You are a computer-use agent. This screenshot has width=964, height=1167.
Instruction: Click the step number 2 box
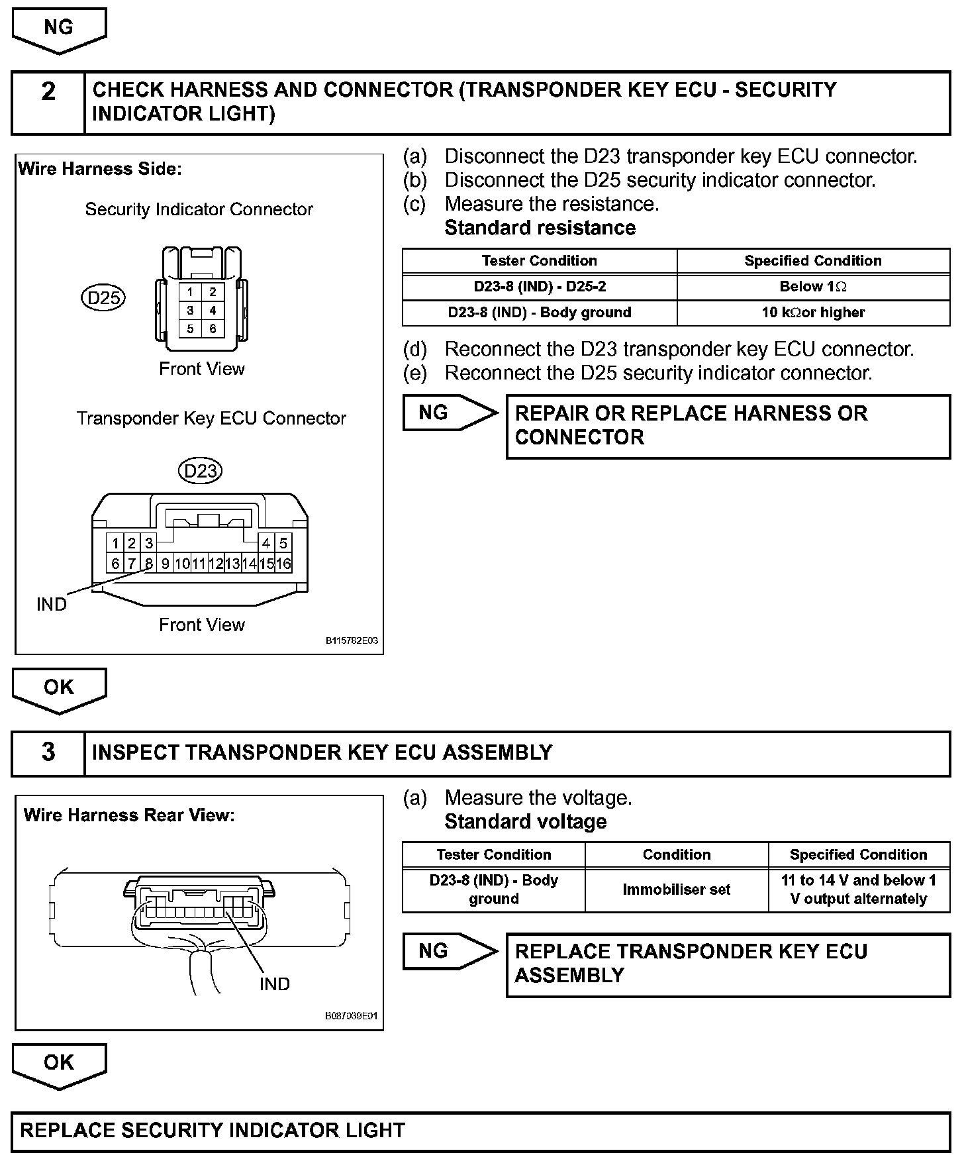click(48, 102)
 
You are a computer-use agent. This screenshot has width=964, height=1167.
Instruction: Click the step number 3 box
click(48, 753)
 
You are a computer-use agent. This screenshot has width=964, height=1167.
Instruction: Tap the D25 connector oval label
click(103, 298)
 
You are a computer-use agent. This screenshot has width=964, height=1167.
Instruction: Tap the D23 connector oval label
click(200, 471)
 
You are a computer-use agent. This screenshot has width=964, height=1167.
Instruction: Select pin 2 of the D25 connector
click(213, 292)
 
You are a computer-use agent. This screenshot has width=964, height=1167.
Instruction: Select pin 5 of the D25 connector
click(190, 329)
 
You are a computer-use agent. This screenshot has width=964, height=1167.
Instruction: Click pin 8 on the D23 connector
click(149, 564)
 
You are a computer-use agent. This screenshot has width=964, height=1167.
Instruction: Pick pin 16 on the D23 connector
click(283, 564)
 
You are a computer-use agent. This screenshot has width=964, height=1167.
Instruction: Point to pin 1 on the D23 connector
click(115, 544)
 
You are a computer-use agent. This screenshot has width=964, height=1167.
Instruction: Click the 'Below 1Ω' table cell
click(813, 287)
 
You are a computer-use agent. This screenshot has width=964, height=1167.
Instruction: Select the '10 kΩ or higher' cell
click(813, 313)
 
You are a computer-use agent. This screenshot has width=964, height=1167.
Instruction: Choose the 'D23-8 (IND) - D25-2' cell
click(540, 287)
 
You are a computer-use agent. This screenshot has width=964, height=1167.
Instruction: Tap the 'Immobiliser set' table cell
click(676, 889)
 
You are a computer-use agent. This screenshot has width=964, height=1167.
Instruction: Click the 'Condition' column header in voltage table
click(676, 854)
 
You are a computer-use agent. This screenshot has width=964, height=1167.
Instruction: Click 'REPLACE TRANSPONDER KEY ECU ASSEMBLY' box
click(728, 964)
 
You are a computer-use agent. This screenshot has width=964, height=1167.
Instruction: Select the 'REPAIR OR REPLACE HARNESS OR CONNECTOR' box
click(728, 426)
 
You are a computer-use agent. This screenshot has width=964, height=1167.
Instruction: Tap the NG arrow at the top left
click(59, 30)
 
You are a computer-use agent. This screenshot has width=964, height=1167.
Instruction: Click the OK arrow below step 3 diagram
click(59, 1065)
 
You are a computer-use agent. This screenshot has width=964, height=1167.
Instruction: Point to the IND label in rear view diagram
click(275, 984)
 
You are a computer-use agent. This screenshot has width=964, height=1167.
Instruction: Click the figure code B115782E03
click(352, 641)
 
